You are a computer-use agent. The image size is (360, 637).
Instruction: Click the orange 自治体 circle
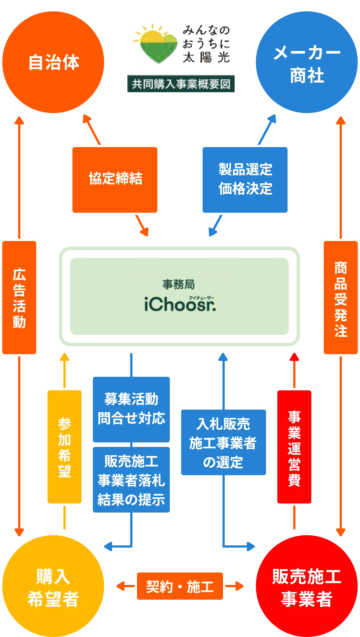53,62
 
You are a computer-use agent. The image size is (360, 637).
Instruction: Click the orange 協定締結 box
115,180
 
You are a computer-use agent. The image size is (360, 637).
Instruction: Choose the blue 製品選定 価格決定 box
245,180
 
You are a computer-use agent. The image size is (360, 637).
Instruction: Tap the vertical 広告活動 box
19,297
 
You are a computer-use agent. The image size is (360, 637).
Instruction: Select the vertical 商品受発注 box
340,297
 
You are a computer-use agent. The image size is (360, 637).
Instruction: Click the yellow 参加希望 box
65,447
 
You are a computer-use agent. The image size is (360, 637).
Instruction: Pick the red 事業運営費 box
294,447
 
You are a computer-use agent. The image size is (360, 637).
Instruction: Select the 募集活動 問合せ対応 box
131,409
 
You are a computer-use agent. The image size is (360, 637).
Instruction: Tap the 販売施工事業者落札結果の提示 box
131,480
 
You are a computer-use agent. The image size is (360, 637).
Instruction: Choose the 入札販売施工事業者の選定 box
224,442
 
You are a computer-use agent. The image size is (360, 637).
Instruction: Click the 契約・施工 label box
180,586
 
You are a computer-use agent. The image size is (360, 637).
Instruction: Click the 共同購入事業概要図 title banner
181,84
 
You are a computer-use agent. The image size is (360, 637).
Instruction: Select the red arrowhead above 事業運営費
294,357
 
